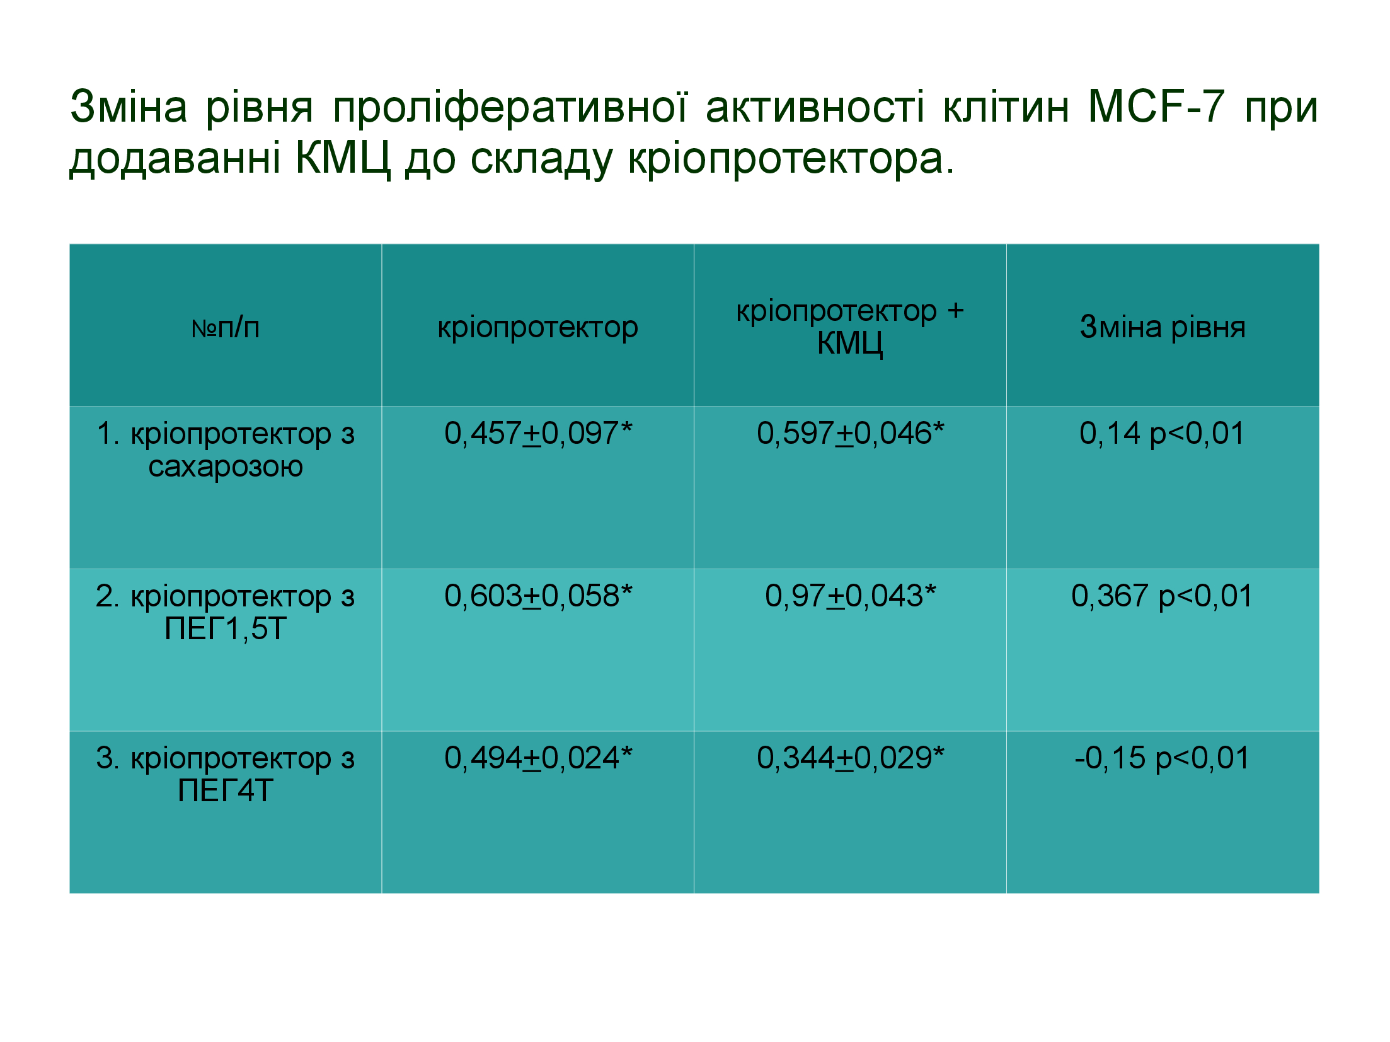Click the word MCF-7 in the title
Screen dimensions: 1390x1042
point(1156,107)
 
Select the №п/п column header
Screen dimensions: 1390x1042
point(225,327)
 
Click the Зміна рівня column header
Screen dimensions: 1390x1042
point(1163,327)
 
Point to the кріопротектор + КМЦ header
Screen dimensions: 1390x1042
point(850,327)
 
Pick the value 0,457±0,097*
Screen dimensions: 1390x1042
point(538,433)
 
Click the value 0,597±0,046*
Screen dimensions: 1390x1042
point(850,433)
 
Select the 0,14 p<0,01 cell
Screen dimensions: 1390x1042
point(1162,434)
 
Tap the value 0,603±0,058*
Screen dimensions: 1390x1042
point(538,596)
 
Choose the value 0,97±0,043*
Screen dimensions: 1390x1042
point(850,596)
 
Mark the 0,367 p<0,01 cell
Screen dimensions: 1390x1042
point(1162,596)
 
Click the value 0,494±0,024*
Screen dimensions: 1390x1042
point(538,758)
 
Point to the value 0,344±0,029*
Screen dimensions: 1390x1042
point(850,758)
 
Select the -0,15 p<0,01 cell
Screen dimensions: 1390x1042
point(1162,758)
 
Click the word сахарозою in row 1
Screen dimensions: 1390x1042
point(226,466)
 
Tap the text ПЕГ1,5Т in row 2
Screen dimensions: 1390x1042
point(226,628)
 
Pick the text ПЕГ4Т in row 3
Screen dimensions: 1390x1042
point(226,790)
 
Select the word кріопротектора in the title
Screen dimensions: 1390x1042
point(791,159)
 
